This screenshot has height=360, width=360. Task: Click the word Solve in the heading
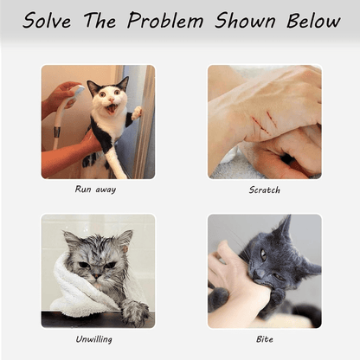point(47,20)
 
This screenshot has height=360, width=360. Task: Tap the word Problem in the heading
point(165,20)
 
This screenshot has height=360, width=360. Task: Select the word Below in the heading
point(313,20)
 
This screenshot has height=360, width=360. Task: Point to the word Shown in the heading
point(245,20)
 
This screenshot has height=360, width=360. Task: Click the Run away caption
point(95,190)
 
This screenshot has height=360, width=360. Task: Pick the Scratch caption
point(265,190)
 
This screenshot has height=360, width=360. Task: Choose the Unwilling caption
point(93,339)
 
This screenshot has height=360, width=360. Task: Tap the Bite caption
point(265,339)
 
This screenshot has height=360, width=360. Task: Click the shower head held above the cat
point(76,92)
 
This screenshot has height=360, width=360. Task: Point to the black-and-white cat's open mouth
point(111,109)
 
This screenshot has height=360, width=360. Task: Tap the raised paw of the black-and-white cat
point(137,113)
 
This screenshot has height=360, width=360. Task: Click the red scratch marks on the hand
point(265,122)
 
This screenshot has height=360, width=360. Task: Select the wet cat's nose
point(97,276)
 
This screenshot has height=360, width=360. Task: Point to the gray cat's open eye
point(263,254)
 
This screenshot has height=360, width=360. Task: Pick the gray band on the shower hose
point(57,132)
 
